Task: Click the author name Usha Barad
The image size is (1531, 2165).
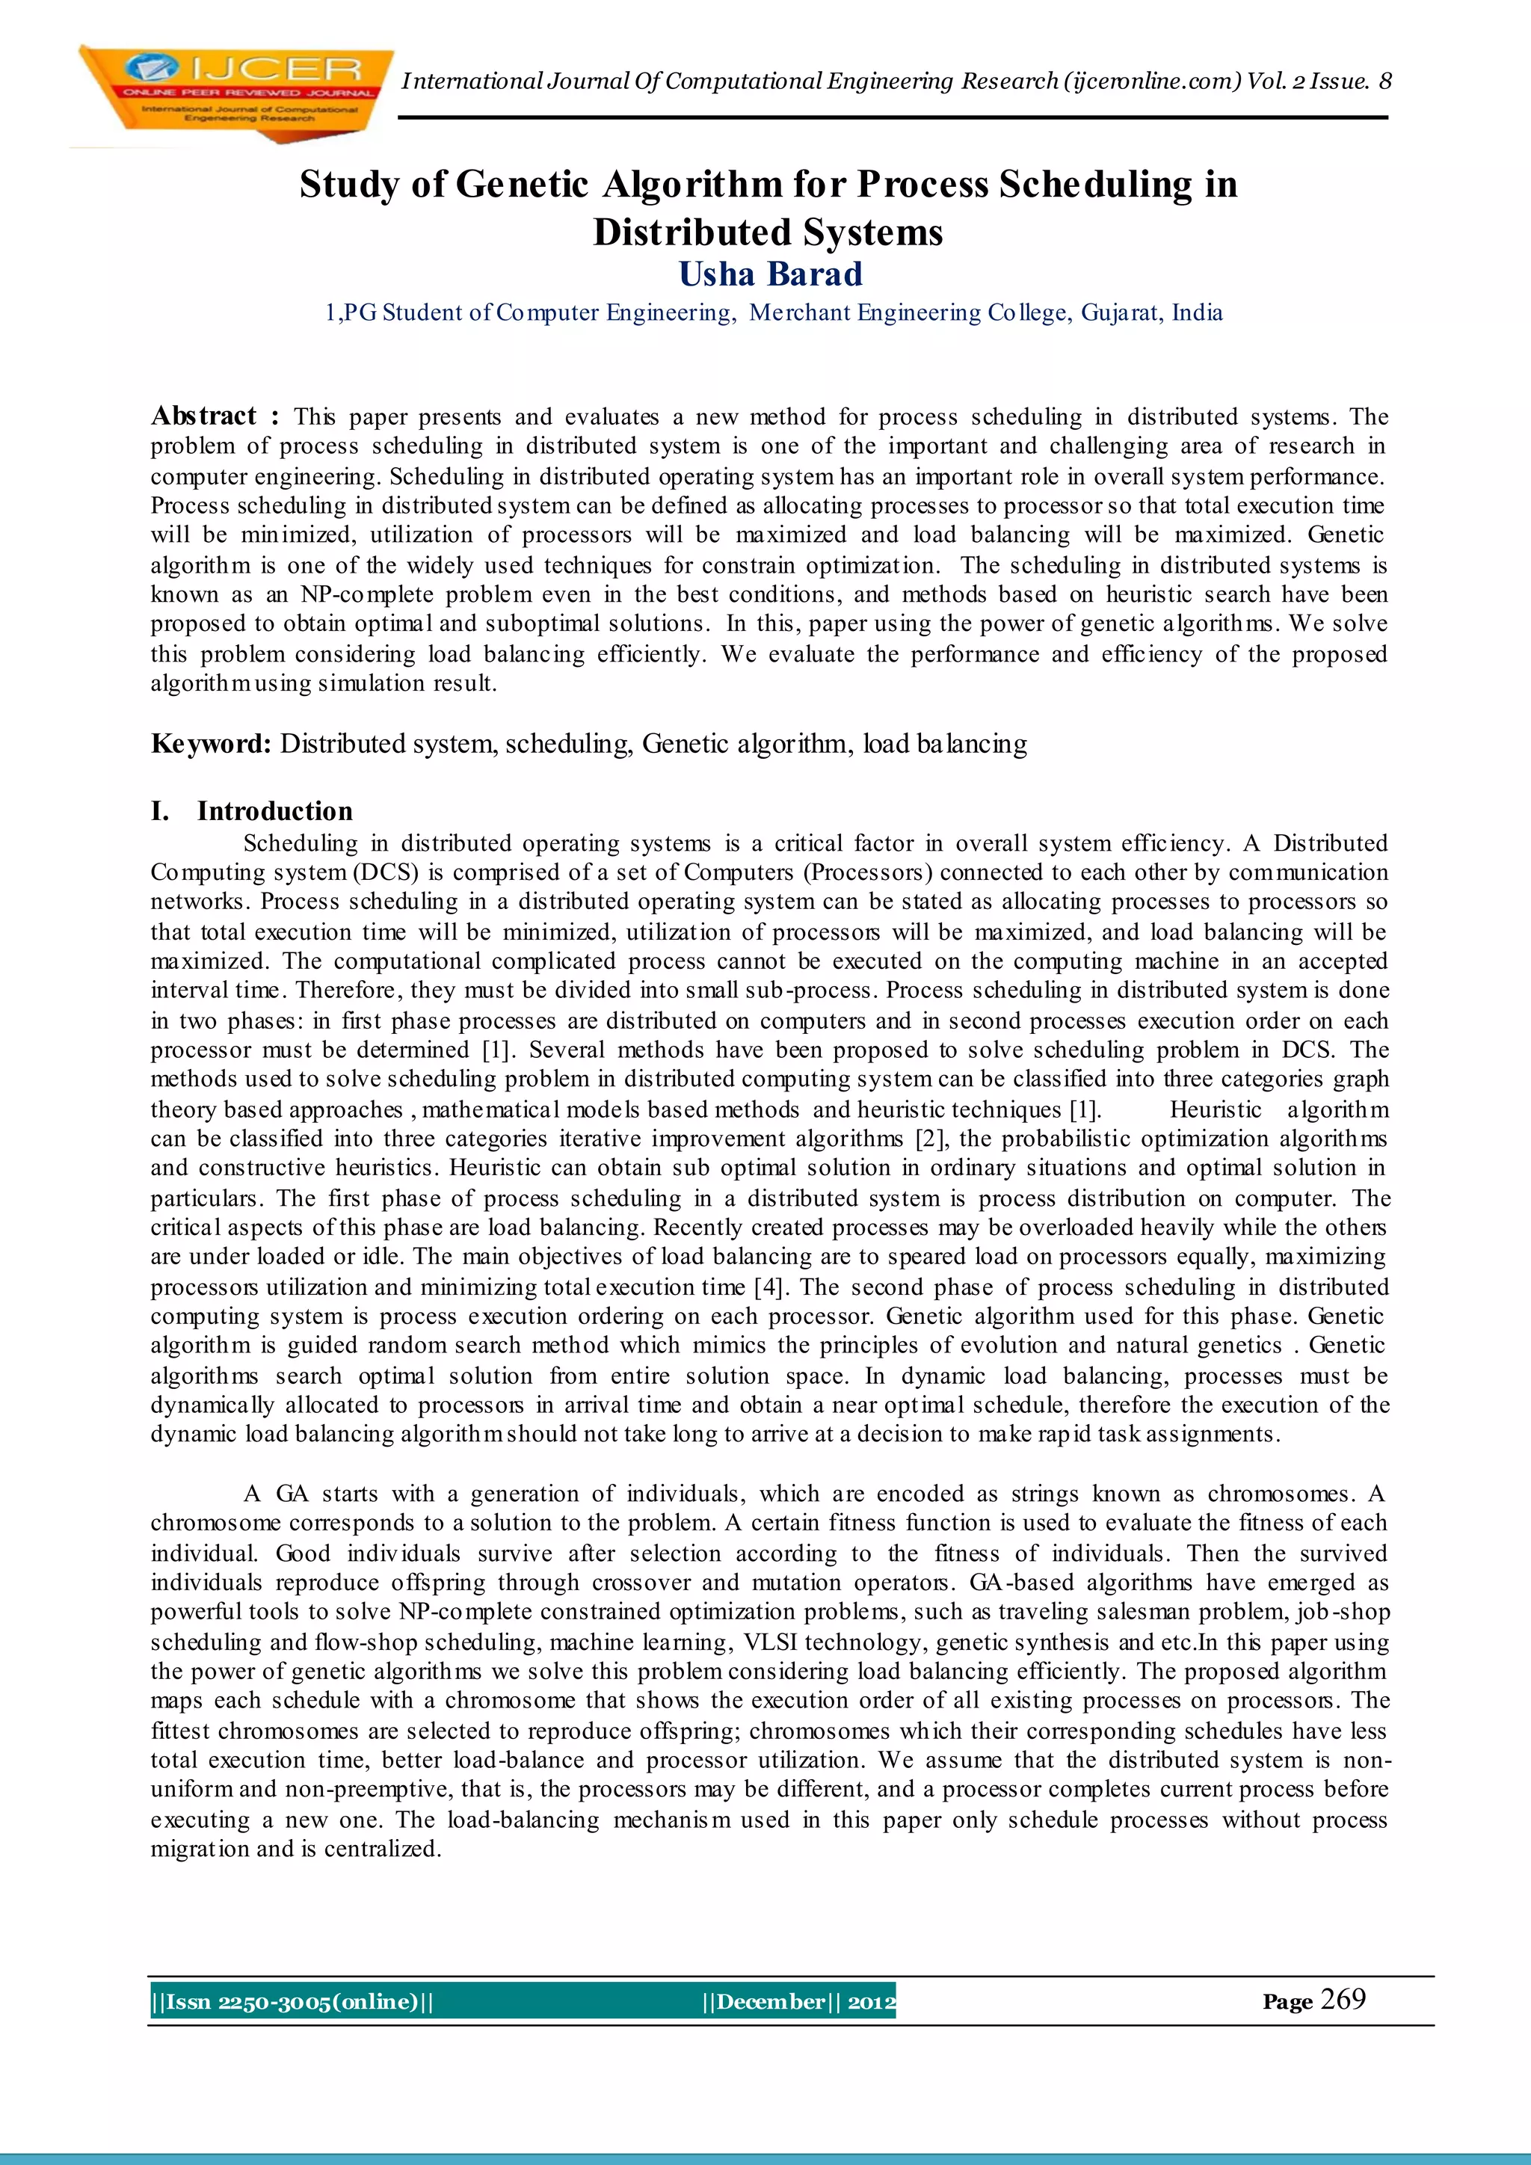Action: point(770,274)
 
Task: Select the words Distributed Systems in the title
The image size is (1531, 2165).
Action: point(768,232)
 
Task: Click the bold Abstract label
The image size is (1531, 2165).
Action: point(203,416)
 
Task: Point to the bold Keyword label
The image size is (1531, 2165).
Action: point(211,744)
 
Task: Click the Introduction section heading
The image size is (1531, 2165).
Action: point(274,811)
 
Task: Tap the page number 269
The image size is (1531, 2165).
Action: point(1343,1999)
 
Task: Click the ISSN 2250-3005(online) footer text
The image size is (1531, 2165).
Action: point(292,2002)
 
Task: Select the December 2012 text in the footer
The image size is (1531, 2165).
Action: point(798,2002)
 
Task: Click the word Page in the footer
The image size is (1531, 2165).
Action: point(1287,2003)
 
